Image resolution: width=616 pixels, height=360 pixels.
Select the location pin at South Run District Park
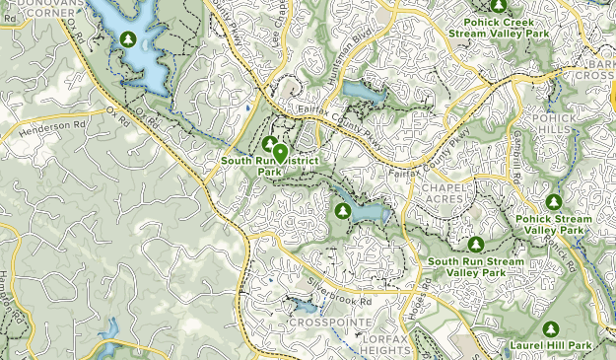[281, 153]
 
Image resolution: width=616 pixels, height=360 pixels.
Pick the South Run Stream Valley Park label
[474, 266]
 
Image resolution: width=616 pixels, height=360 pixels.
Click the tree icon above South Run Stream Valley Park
[475, 244]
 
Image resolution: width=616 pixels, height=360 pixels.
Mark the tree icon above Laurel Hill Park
[551, 327]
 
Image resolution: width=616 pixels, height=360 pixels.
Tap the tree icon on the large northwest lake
[127, 39]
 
